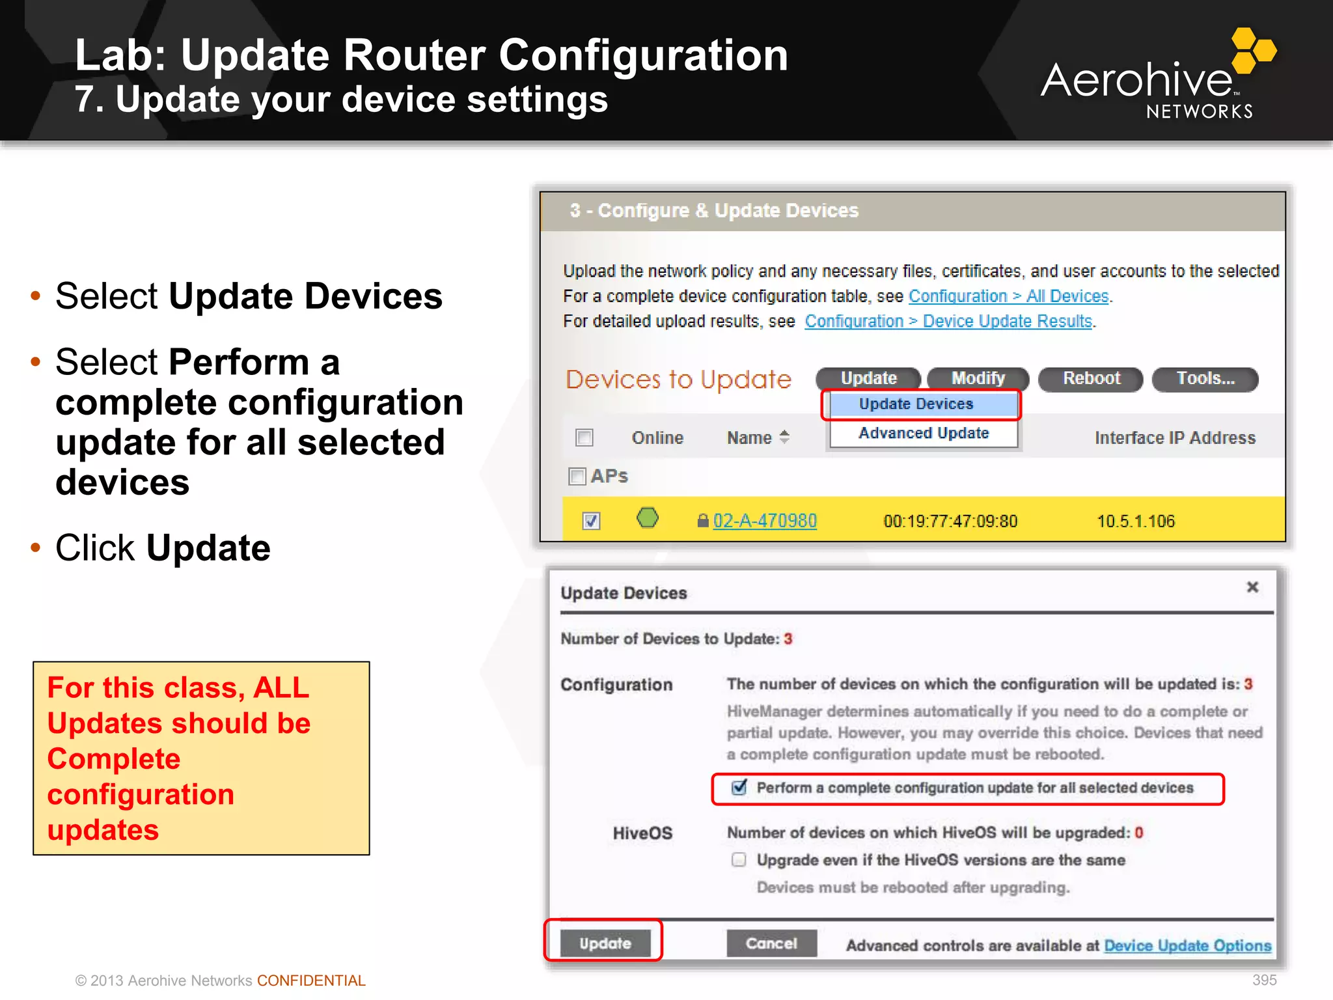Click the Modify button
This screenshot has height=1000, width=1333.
978,379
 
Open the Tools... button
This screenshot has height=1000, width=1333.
1205,379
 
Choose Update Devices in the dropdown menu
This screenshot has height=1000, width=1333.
916,404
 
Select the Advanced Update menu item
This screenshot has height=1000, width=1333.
923,434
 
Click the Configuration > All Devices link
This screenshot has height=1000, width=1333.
1008,296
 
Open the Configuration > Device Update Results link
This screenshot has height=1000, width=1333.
948,322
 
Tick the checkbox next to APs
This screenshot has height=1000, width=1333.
577,477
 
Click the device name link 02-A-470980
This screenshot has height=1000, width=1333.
764,521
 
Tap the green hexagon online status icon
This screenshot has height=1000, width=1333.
647,518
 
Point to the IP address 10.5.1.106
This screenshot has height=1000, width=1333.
1136,521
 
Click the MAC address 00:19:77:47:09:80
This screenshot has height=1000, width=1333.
950,521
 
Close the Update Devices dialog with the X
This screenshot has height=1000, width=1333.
1252,587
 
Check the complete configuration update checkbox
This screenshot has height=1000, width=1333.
739,788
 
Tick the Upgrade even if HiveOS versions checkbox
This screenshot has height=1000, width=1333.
739,860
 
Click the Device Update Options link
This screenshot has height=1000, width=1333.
1187,946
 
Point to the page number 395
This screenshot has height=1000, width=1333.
1264,980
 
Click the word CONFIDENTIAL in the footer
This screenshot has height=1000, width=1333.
311,980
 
